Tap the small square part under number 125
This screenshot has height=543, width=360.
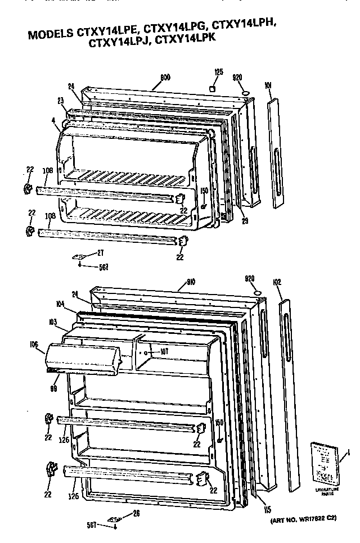pyautogui.click(x=213, y=89)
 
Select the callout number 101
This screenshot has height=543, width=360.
pyautogui.click(x=268, y=85)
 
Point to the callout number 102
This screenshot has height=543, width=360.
pyautogui.click(x=277, y=282)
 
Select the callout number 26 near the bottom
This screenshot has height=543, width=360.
pyautogui.click(x=135, y=512)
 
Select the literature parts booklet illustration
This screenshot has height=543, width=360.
pyautogui.click(x=326, y=462)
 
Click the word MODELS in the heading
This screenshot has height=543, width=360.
pyautogui.click(x=48, y=35)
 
